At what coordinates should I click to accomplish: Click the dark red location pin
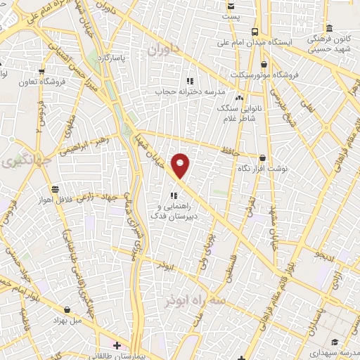coord(181,166)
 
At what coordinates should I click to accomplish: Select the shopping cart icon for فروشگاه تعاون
coord(42,70)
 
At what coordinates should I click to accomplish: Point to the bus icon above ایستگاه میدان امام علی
coord(254,31)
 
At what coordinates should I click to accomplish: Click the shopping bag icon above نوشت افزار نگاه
coord(262,159)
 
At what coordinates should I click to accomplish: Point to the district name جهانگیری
coord(19,162)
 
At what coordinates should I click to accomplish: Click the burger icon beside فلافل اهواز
coord(54,188)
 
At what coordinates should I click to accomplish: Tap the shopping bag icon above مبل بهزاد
coord(67,309)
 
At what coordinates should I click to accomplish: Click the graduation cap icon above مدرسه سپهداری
coord(335,341)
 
